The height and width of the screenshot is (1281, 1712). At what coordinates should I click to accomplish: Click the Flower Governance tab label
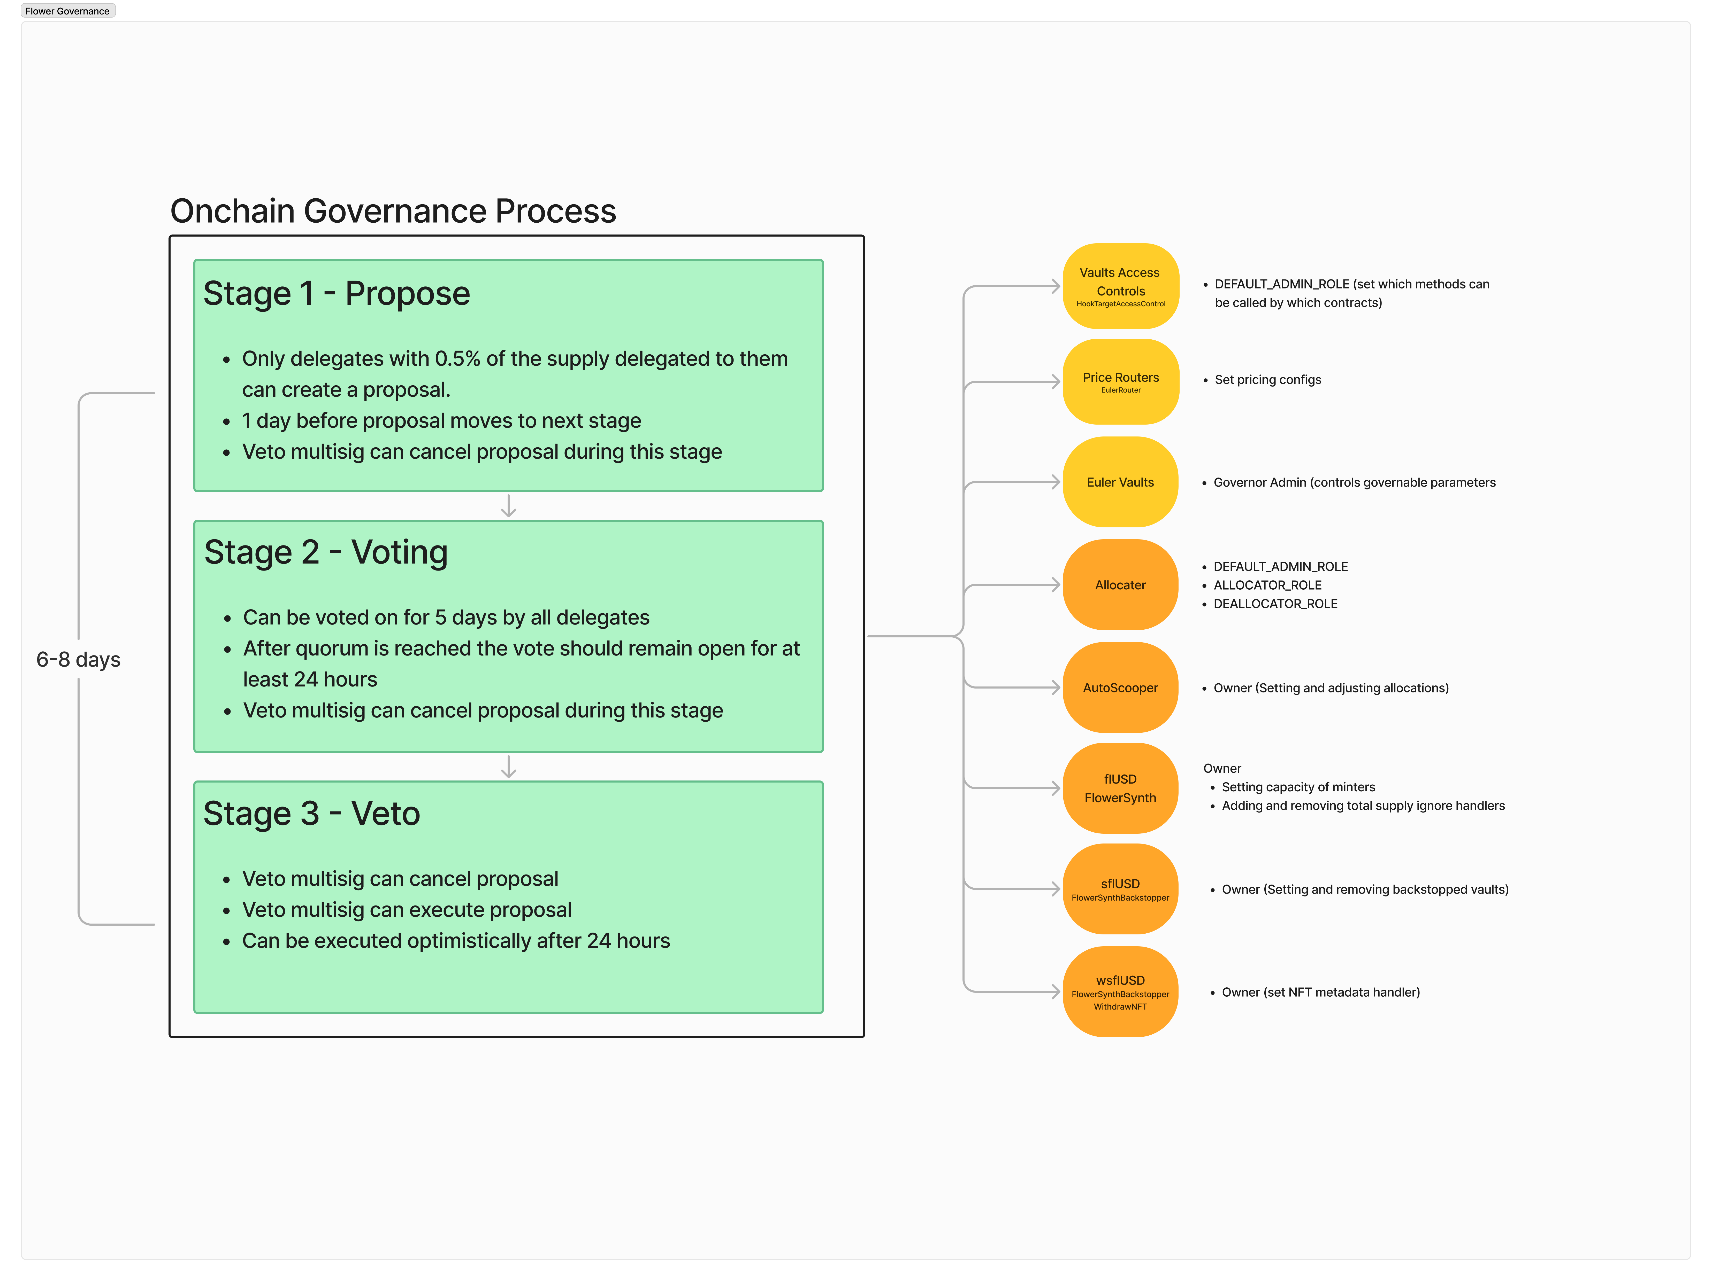click(x=67, y=11)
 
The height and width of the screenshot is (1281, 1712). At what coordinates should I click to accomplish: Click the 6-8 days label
click(x=78, y=660)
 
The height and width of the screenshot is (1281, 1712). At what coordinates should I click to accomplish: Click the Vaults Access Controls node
click(x=1120, y=286)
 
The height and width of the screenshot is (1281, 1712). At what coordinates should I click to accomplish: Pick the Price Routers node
click(x=1120, y=381)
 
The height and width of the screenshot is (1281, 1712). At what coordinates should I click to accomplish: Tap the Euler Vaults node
click(x=1120, y=482)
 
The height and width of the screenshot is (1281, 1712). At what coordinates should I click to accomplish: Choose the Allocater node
click(x=1120, y=585)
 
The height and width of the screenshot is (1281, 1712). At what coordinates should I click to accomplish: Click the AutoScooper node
click(x=1120, y=688)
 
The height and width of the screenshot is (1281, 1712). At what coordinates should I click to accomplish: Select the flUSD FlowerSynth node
click(x=1120, y=788)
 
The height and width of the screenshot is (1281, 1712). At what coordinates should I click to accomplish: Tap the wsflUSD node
click(x=1120, y=992)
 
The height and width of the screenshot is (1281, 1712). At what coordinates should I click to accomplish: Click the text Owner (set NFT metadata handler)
click(x=1320, y=993)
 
